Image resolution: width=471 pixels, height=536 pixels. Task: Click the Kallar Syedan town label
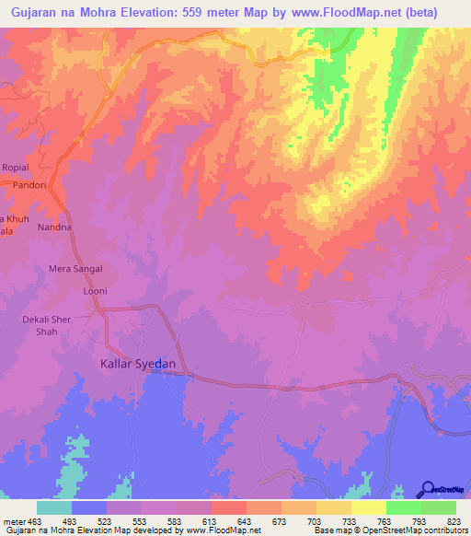pos(137,364)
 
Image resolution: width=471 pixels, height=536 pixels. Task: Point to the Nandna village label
pos(54,227)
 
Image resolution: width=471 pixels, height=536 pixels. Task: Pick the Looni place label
pos(96,291)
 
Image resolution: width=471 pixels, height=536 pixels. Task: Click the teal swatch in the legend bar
pos(54,507)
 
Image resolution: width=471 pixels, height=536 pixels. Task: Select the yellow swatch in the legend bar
pos(369,507)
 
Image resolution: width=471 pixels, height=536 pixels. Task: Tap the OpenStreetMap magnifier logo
pos(427,490)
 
